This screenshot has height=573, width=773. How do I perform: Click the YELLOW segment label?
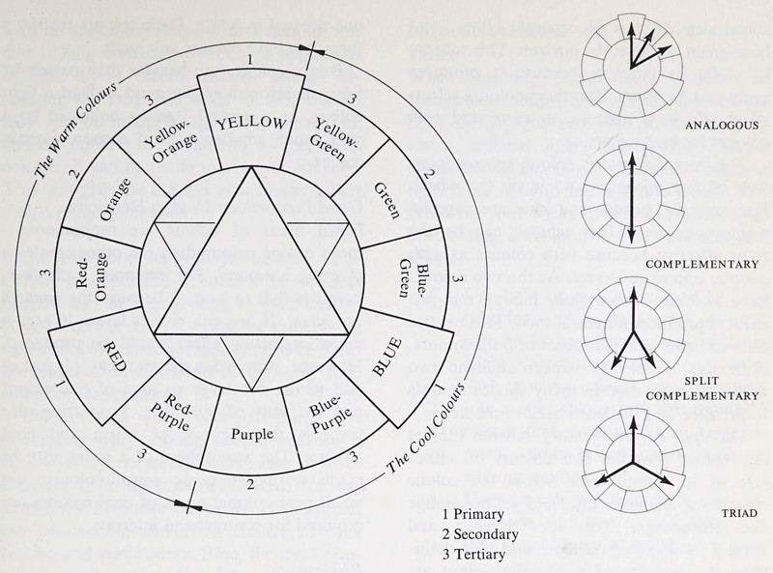point(252,124)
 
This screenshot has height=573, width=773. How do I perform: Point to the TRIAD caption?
point(738,513)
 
